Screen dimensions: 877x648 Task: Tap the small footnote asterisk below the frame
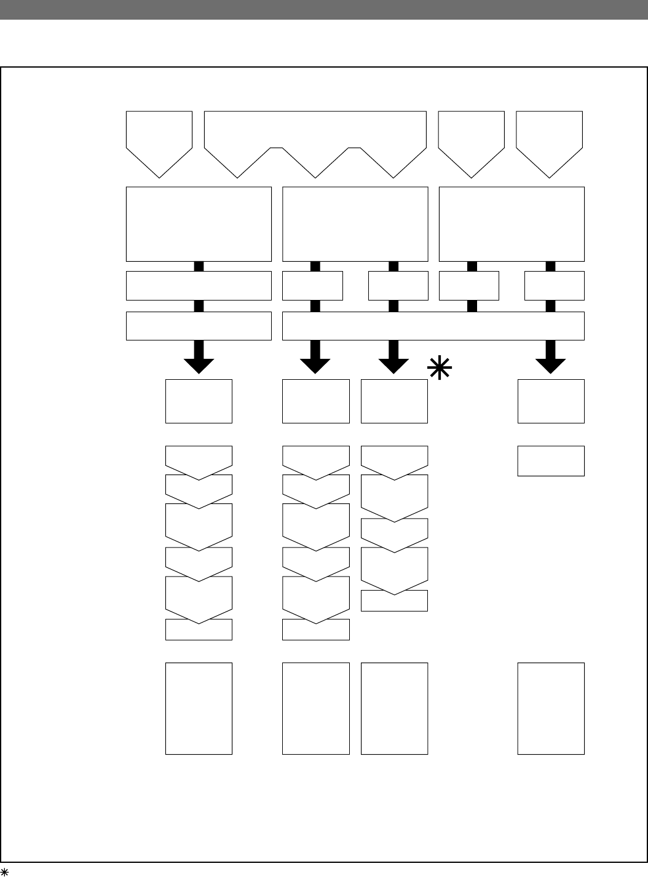pyautogui.click(x=4, y=871)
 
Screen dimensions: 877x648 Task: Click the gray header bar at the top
pyautogui.click(x=324, y=10)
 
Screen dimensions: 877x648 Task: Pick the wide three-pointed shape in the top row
pyautogui.click(x=315, y=138)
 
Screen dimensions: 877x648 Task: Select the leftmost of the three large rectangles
pyautogui.click(x=199, y=224)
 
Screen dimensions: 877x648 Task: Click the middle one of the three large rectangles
pyautogui.click(x=355, y=224)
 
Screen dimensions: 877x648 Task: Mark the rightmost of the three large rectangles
pyautogui.click(x=512, y=224)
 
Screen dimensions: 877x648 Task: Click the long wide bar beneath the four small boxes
pyautogui.click(x=433, y=326)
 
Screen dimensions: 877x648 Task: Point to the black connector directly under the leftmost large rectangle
pyautogui.click(x=199, y=266)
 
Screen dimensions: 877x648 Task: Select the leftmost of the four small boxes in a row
pyautogui.click(x=312, y=285)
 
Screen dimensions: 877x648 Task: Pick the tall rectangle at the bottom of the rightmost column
pyautogui.click(x=551, y=708)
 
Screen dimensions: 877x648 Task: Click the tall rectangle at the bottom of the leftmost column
pyautogui.click(x=199, y=708)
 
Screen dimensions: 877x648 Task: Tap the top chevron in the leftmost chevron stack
pyautogui.click(x=199, y=458)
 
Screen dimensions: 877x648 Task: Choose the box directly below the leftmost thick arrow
pyautogui.click(x=199, y=401)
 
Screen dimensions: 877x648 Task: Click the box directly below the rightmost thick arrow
pyautogui.click(x=551, y=401)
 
